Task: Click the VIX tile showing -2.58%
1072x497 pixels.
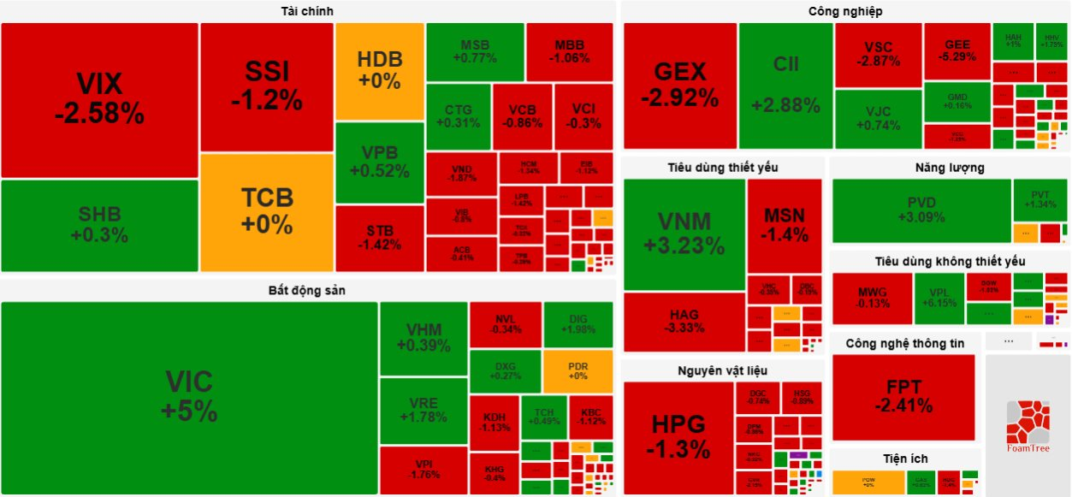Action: [x=99, y=99]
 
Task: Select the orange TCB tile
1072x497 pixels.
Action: [x=267, y=211]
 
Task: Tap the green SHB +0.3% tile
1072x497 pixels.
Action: [x=99, y=225]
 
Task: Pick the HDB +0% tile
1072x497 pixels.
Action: [x=380, y=70]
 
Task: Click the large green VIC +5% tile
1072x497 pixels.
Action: [x=189, y=397]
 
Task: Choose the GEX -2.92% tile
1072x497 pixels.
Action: [x=680, y=85]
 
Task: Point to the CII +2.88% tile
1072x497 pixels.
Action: [x=785, y=85]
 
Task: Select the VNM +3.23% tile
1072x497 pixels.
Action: [x=684, y=234]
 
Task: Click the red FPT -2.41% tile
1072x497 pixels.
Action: [x=903, y=397]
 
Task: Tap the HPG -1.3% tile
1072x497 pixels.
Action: [x=678, y=436]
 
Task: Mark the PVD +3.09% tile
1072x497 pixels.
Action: [x=921, y=210]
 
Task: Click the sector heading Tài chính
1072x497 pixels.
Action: [x=307, y=11]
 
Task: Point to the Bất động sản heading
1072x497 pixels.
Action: [x=307, y=291]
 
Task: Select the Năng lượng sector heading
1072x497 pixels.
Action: [x=949, y=168]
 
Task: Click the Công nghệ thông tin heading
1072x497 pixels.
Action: [x=904, y=343]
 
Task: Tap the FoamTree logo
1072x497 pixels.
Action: [x=1028, y=425]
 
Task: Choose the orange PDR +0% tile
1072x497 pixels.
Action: [x=577, y=370]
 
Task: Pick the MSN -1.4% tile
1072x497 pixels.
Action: [x=785, y=225]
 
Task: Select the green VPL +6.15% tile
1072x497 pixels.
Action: [x=939, y=297]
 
